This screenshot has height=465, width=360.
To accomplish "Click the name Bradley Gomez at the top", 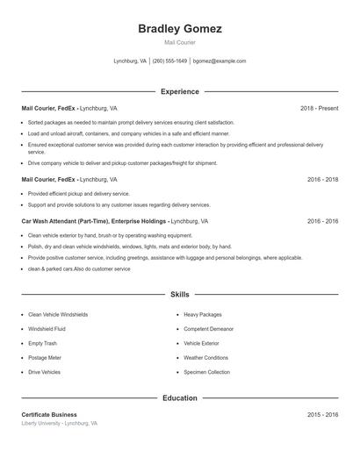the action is tap(180, 29).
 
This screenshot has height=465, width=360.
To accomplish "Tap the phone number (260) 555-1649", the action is tap(169, 61).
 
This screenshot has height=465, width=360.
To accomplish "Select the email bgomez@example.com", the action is tap(220, 61).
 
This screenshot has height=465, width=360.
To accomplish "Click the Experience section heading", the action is tap(180, 91).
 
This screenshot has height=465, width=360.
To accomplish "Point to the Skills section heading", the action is tap(180, 295).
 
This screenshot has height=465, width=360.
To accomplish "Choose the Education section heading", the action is tap(180, 398).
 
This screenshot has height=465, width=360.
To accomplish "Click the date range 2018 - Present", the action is tap(319, 108).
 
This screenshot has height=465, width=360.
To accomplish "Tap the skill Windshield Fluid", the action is tap(47, 329).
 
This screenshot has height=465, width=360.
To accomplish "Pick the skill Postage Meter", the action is tap(45, 358).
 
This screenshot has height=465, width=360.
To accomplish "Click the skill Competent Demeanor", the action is tap(208, 329).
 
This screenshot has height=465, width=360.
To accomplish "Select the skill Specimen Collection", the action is tap(206, 372).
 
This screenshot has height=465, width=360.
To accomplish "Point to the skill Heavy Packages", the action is tap(203, 314).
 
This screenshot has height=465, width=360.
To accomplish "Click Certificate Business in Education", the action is tap(49, 414).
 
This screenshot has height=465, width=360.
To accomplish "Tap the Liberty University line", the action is tap(59, 423).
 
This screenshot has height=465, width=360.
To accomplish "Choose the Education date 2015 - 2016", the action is tap(322, 414).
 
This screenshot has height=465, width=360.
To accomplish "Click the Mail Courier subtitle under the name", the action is tap(180, 42).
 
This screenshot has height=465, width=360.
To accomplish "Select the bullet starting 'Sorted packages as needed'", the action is tap(131, 123).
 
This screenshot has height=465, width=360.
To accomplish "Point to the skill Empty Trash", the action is tap(42, 343).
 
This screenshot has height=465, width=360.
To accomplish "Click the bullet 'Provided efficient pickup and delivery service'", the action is tap(79, 194).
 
